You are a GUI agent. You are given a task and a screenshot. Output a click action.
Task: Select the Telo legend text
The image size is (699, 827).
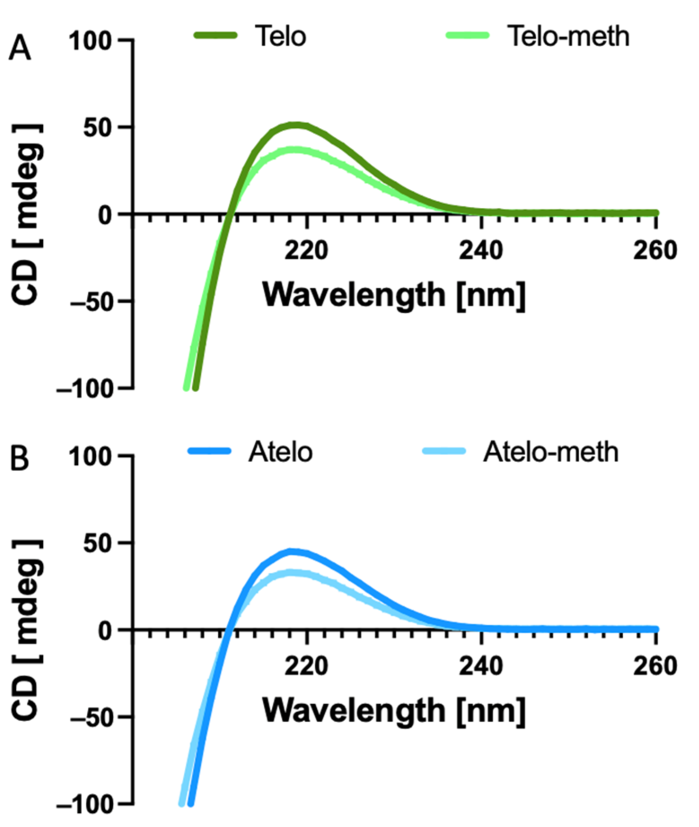281,36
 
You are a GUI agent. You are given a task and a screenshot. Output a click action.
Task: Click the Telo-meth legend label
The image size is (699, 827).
568,36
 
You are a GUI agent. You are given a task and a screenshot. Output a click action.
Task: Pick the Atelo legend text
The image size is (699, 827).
280,451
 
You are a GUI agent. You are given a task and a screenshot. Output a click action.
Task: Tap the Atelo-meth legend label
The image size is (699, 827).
550,451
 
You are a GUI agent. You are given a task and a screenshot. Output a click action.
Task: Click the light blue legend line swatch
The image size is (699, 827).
444,451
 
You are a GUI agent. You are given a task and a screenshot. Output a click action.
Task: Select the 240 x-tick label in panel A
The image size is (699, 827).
481,251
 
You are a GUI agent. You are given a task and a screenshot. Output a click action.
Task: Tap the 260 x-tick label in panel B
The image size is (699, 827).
655,666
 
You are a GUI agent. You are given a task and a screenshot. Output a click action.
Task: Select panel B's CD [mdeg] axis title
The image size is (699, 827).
27,630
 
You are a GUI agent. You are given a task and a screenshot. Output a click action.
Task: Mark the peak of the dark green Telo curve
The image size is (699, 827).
295,126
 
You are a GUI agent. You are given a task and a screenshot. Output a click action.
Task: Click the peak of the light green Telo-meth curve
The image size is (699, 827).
294,150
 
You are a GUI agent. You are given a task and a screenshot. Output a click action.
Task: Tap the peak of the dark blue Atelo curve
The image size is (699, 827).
292,552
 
